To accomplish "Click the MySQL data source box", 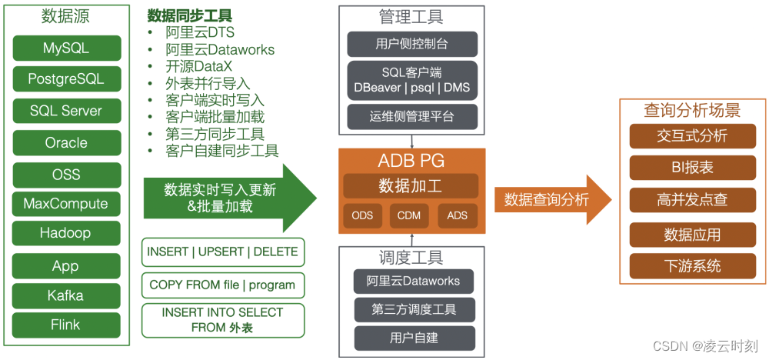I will coord(66,48).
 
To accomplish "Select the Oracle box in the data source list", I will coord(66,142).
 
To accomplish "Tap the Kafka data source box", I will coord(66,295).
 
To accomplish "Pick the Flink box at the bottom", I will coord(66,325).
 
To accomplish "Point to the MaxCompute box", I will coord(66,204).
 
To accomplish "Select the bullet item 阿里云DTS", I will coord(200,33).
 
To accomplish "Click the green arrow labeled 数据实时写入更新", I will coord(223,198).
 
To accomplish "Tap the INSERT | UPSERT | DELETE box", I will coord(222,252).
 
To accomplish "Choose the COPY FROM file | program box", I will coord(222,285).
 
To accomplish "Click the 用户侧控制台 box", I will coord(412,44).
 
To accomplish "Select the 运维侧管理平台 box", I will coord(412,117).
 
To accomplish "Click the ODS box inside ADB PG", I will coord(362,215).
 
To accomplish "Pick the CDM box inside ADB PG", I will coord(409,215).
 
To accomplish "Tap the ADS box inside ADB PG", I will coord(457,215).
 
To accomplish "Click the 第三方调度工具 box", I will coord(414,309).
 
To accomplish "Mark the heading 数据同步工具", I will coord(190,16).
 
